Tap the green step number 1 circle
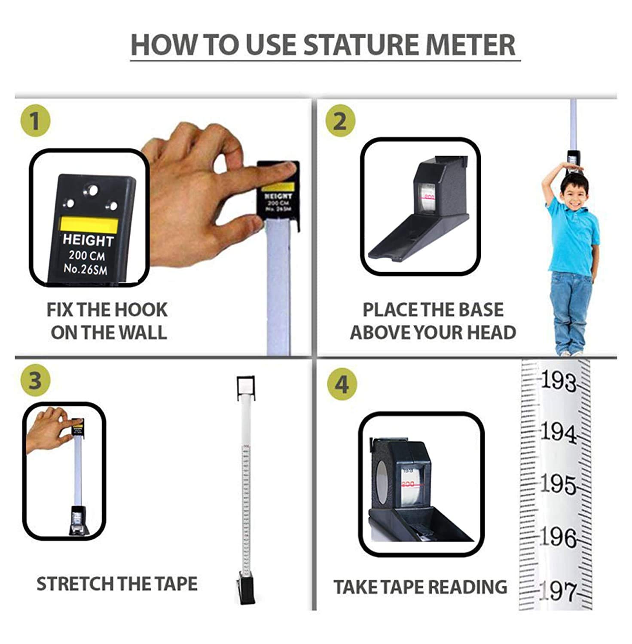tap(35, 122)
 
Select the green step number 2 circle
tap(340, 121)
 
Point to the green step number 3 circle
tap(35, 381)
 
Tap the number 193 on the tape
tap(558, 381)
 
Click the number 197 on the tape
tap(557, 591)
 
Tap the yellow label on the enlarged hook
tap(89, 225)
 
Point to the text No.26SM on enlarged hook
tap(85, 269)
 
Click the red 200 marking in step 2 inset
tap(429, 197)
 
